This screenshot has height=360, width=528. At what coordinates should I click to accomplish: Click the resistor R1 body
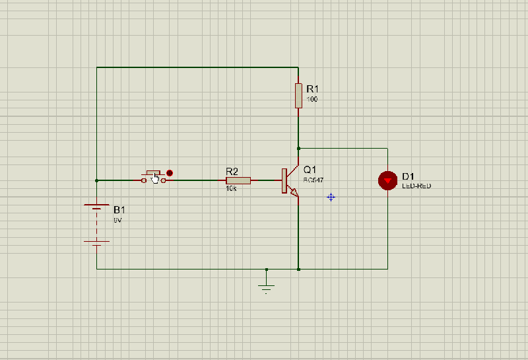[298, 95]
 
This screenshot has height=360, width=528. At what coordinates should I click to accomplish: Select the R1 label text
[312, 89]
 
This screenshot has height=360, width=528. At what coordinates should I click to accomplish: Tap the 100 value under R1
[312, 100]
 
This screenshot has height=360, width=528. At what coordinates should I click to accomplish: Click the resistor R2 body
[238, 180]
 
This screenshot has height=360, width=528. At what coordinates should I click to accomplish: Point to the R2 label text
[232, 170]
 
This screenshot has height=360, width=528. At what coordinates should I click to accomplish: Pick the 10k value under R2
[231, 189]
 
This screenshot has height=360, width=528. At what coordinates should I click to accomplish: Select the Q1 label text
[310, 170]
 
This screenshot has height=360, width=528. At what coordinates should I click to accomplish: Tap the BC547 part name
[313, 180]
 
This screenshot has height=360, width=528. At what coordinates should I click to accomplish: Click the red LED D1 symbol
[387, 180]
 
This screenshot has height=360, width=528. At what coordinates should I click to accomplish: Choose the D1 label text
[408, 176]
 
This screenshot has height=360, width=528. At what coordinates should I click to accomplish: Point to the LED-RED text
[416, 186]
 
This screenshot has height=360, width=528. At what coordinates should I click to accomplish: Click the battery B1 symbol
[97, 225]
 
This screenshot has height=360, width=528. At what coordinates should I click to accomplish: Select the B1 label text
[119, 209]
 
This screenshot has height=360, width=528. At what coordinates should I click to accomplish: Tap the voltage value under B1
[117, 219]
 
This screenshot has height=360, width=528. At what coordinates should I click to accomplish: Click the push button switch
[154, 177]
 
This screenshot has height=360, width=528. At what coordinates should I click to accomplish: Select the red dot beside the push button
[170, 174]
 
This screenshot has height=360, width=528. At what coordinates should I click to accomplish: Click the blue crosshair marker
[331, 197]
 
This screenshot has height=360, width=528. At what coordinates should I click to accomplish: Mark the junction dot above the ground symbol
[267, 270]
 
